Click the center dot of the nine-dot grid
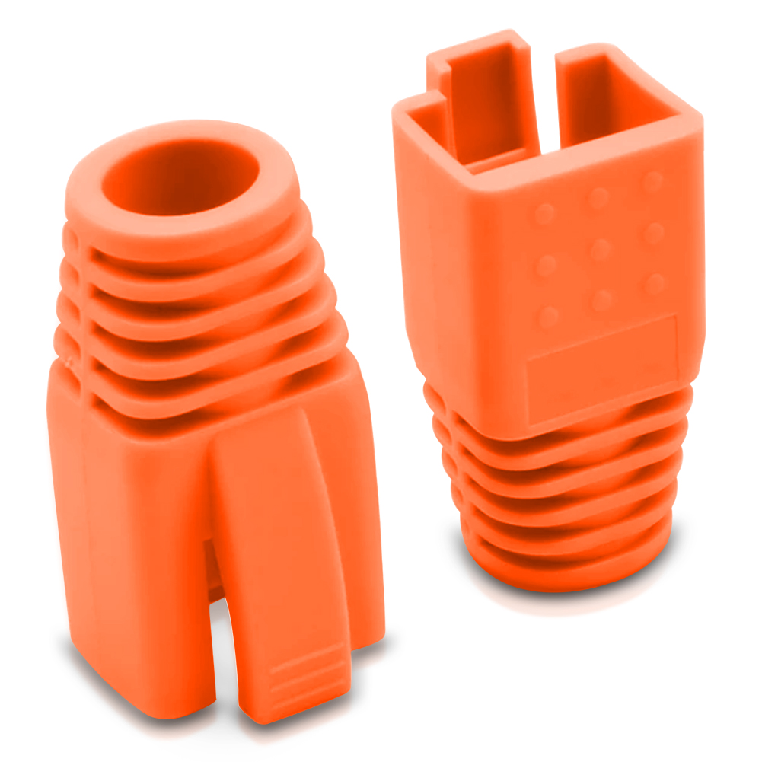tap(600, 249)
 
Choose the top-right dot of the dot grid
tap(652, 181)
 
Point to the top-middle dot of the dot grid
tap(598, 198)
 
